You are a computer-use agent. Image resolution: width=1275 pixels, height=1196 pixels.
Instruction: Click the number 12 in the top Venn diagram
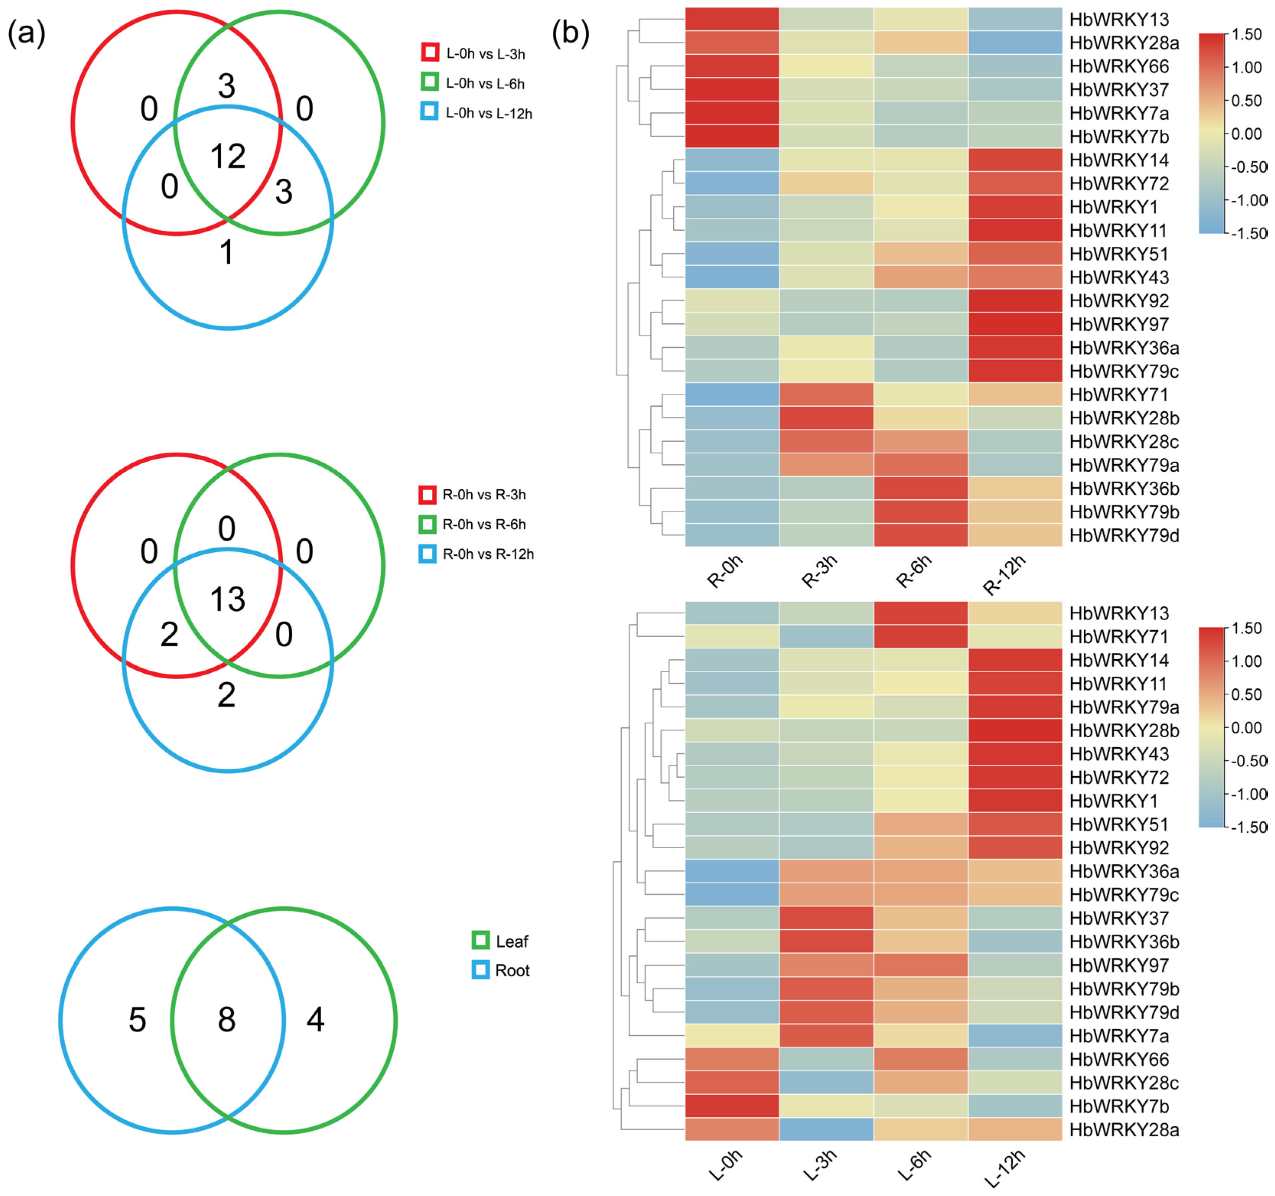click(x=228, y=156)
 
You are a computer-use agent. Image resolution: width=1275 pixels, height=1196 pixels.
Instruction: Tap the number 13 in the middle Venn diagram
click(x=228, y=599)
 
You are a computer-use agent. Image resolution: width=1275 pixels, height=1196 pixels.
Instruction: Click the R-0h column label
click(x=725, y=571)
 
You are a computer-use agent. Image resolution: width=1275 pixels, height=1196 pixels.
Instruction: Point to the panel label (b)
click(x=570, y=33)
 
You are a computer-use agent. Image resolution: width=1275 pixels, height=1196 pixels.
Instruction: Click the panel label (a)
click(x=26, y=33)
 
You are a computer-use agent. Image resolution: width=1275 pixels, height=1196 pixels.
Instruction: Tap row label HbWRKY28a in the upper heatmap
click(x=1124, y=43)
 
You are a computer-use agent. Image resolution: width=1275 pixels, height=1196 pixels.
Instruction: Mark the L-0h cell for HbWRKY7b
click(x=732, y=1106)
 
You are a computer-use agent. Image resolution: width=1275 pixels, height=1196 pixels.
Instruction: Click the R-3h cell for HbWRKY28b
click(x=826, y=418)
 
